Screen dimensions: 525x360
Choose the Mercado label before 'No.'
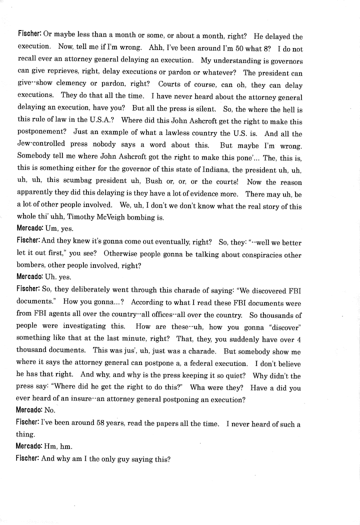click(29, 411)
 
